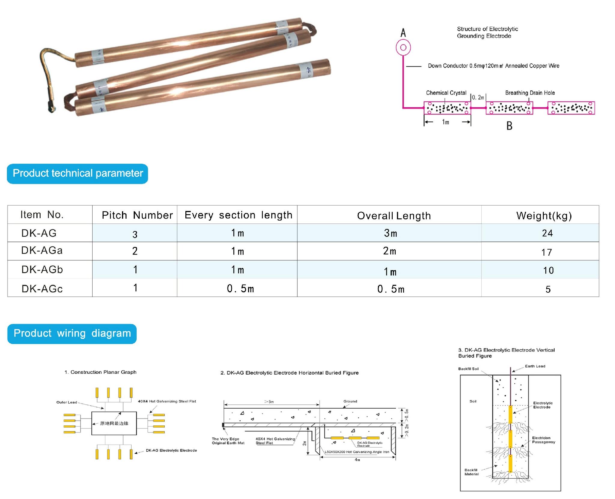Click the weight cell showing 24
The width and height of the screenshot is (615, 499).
(x=547, y=233)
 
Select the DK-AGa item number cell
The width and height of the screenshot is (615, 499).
(x=42, y=251)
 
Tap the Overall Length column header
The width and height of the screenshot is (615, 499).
(x=394, y=216)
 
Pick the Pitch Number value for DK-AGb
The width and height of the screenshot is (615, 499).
(x=135, y=269)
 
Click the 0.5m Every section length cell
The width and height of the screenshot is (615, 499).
(x=240, y=289)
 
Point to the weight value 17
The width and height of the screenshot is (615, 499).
(x=546, y=252)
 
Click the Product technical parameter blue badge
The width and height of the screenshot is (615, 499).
(x=78, y=174)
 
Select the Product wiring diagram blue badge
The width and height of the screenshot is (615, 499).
(x=72, y=333)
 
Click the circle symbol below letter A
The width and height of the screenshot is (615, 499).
(x=403, y=47)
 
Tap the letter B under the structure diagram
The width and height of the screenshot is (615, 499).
(x=509, y=126)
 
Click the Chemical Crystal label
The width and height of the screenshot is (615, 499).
(x=446, y=93)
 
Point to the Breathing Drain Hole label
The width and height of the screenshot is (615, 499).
(x=530, y=93)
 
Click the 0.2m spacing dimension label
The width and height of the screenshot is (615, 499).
(x=478, y=97)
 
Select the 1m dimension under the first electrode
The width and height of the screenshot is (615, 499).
(x=446, y=122)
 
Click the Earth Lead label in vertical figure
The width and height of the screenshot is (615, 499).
(x=535, y=366)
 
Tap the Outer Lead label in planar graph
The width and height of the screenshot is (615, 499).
(x=67, y=402)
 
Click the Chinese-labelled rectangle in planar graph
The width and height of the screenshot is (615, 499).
(x=114, y=423)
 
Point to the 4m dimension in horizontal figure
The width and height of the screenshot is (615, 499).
(x=357, y=460)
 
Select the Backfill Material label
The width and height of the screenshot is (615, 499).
(x=471, y=472)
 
